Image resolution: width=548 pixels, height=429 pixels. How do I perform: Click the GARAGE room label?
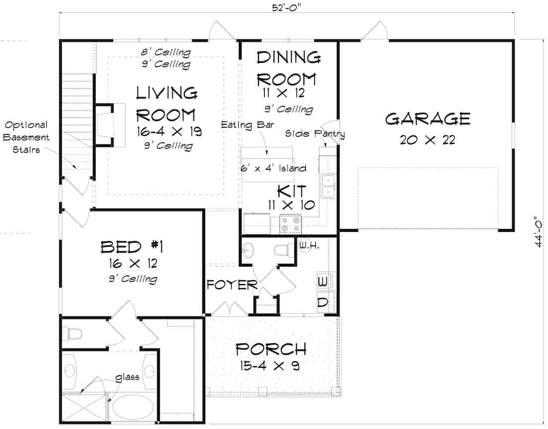coord(427,119)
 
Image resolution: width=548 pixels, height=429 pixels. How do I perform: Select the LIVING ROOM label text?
coord(166,104)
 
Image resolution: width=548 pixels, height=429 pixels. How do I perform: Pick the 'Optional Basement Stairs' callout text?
coord(27,137)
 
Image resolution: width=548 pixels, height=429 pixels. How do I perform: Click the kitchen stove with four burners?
coord(290,223)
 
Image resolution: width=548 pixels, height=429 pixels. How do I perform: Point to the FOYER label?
coord(232,285)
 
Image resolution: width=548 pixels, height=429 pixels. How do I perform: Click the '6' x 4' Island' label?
coord(274,168)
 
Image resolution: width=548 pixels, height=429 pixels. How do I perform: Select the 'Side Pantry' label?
coord(315,133)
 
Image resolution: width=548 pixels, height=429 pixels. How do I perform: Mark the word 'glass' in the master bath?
coord(127,377)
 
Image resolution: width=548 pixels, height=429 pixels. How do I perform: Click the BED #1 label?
coord(133,246)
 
